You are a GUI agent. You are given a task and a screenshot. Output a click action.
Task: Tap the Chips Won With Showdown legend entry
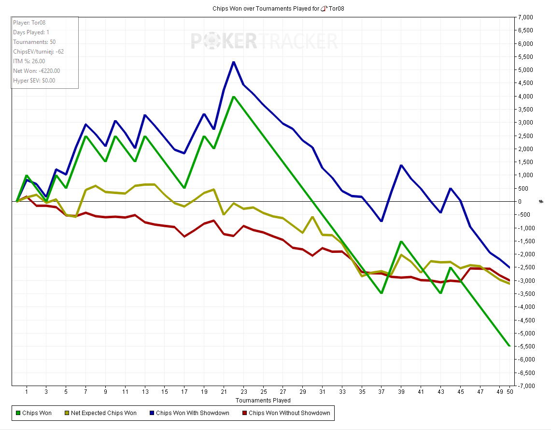(191, 413)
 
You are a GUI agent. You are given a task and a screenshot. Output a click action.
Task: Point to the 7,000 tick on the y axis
(525, 17)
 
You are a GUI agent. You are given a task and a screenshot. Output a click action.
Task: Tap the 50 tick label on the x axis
(509, 392)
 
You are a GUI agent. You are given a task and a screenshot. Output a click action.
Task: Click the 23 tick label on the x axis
(243, 392)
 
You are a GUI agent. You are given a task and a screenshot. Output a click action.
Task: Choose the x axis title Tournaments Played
(263, 401)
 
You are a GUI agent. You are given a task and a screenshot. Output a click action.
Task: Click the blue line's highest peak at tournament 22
(234, 62)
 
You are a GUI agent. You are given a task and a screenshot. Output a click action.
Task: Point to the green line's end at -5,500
(509, 346)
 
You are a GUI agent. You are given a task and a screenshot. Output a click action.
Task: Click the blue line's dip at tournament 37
(381, 221)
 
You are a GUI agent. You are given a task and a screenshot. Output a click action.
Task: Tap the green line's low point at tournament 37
(381, 293)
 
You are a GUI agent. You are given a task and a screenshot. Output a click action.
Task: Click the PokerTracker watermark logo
(264, 41)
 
